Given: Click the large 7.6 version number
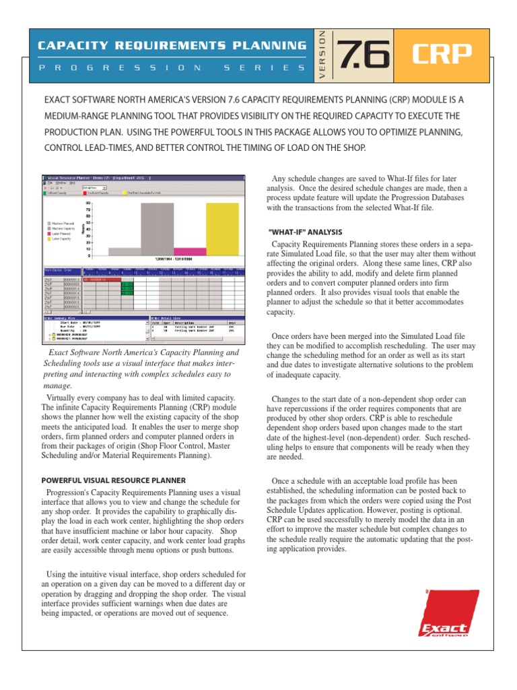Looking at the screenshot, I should point(364,53).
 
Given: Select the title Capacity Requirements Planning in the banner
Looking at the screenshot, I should point(170,46).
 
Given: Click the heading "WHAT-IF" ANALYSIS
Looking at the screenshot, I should point(306,232).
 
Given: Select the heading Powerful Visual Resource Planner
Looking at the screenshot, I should point(114,480).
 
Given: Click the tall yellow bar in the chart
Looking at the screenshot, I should point(221,229).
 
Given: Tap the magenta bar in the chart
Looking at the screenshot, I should point(190,251).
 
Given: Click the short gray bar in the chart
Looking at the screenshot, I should point(124,251).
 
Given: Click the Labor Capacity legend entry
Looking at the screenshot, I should point(61,239).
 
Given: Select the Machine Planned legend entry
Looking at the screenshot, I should point(63,223).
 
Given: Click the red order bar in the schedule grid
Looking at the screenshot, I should point(101,279).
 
